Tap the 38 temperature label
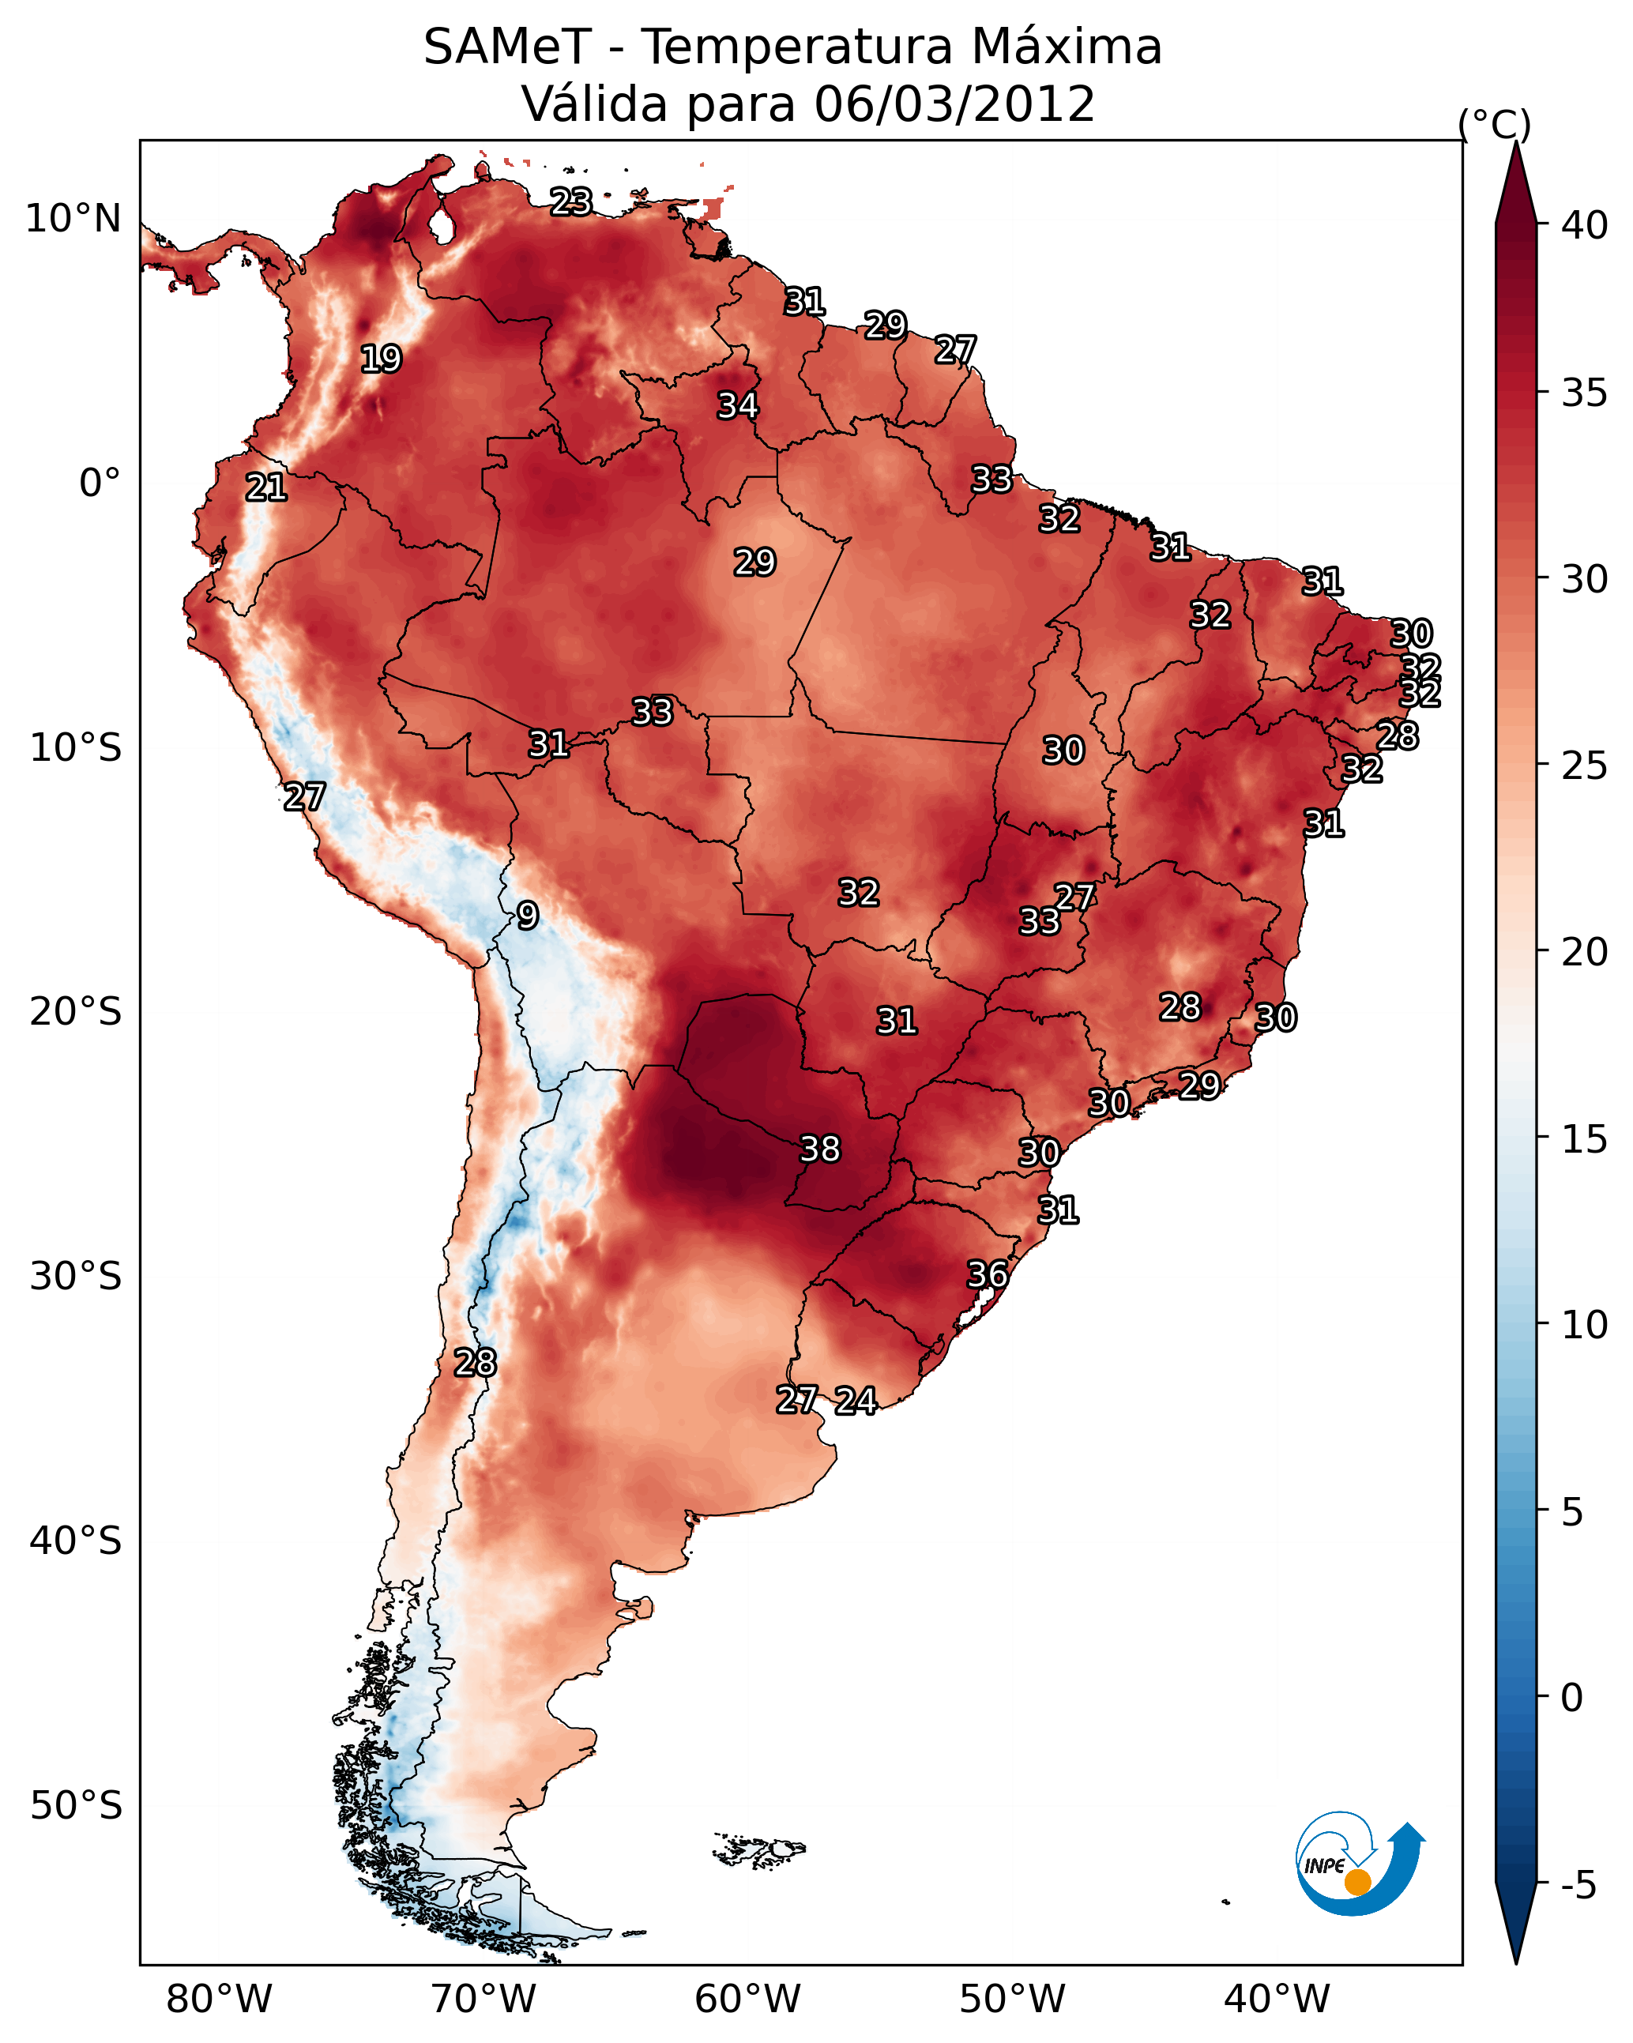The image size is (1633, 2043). click(820, 1149)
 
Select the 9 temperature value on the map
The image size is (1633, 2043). click(528, 916)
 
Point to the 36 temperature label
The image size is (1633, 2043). click(987, 1274)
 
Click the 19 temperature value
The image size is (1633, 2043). click(381, 359)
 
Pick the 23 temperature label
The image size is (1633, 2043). click(571, 201)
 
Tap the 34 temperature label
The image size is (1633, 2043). click(737, 405)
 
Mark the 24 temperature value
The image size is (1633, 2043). click(856, 1401)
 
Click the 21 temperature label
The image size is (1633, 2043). click(266, 488)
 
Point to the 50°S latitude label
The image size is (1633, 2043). click(76, 1806)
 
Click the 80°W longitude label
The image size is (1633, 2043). click(219, 1999)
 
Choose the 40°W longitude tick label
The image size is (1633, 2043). click(1277, 1999)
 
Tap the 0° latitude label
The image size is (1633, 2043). click(100, 483)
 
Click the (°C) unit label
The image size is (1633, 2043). click(1495, 124)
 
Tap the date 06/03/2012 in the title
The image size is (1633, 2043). click(954, 104)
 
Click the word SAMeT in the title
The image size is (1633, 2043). click(507, 47)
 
